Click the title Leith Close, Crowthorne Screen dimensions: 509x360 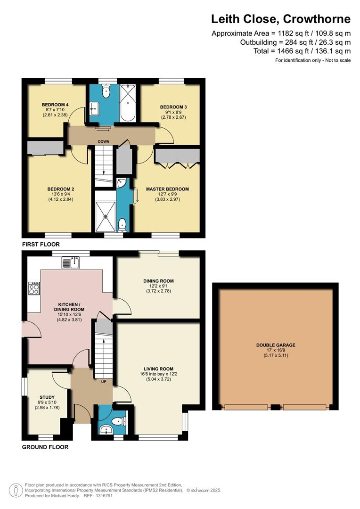(280, 19)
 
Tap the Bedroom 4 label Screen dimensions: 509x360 (52, 105)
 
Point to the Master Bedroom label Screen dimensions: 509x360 (167, 189)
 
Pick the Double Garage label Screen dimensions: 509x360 (276, 345)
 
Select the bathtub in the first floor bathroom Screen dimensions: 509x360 (127, 104)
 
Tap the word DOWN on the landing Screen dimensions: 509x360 (104, 141)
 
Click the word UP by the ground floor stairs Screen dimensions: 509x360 (103, 382)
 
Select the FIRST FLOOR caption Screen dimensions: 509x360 (41, 245)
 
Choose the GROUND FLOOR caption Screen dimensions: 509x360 (45, 447)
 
